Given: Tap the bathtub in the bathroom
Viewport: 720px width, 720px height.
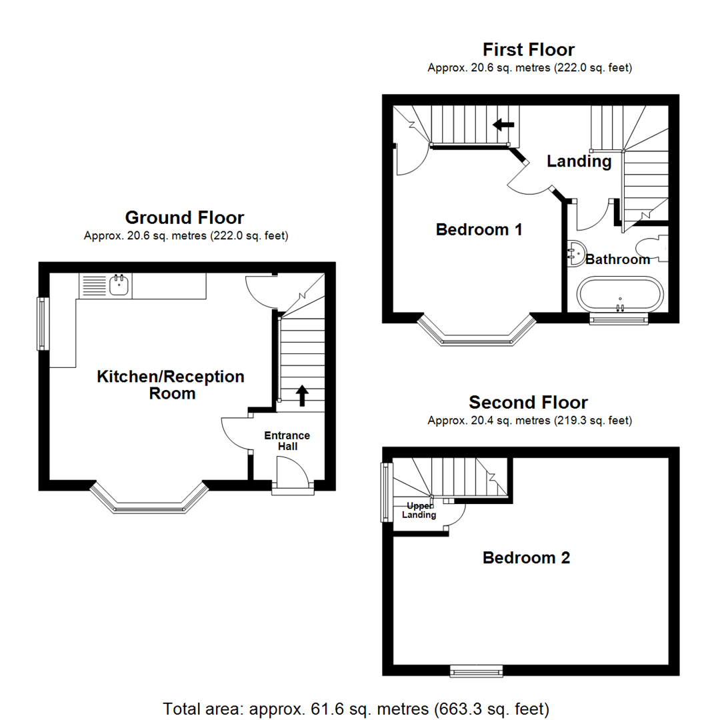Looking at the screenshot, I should pos(620,294).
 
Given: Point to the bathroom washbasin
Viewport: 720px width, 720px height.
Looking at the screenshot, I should pos(575,253).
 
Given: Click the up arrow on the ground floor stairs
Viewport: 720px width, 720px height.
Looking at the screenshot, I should pos(301,395).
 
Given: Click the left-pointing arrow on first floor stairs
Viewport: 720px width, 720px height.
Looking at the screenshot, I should pos(503,124).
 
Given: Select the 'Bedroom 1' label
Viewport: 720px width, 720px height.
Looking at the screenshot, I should pos(479,230).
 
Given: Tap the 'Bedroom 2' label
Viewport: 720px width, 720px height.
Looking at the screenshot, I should pos(526,558).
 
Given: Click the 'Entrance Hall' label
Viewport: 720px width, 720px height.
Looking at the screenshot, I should pos(287,441).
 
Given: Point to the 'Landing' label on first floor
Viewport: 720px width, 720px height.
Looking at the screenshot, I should pos(579,161).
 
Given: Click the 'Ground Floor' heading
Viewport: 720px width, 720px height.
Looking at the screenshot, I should pos(185,217).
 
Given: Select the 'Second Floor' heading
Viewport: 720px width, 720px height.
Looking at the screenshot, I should pos(528,402).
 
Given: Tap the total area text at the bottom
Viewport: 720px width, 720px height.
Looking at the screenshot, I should pos(356,707).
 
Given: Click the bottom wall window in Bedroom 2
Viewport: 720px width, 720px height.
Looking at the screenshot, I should pos(476,671).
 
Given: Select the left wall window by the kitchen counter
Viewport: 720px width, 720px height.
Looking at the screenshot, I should pos(43,323).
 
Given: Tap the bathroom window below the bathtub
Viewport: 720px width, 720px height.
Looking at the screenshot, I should pos(619,319).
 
